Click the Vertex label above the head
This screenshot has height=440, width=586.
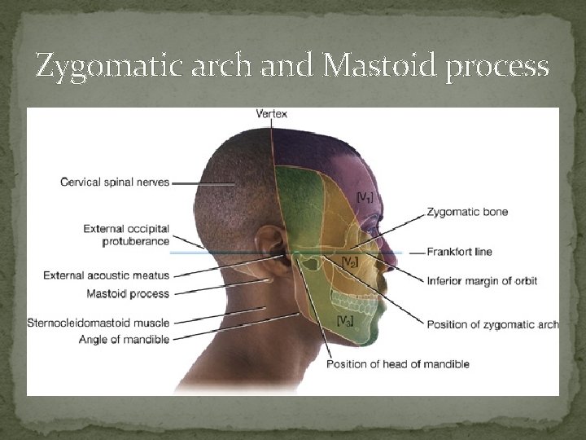(x=271, y=113)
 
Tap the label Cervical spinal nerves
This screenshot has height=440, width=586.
(x=115, y=182)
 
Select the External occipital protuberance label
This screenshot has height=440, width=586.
(x=126, y=235)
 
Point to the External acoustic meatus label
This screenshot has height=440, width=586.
(x=107, y=275)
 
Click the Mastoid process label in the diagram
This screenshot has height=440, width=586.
(x=128, y=293)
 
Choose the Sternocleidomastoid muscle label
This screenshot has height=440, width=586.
(x=98, y=323)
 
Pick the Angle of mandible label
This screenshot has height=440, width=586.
(x=125, y=339)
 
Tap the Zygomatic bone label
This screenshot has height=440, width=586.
(x=467, y=212)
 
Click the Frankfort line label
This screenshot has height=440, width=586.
(x=461, y=252)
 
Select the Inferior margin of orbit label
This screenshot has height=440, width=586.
(x=482, y=281)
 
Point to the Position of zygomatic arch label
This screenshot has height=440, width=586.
(x=492, y=324)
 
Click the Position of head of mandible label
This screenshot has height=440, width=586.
(x=398, y=363)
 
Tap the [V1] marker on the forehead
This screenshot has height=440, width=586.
(x=366, y=196)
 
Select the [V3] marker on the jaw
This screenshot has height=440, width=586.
(x=345, y=320)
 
